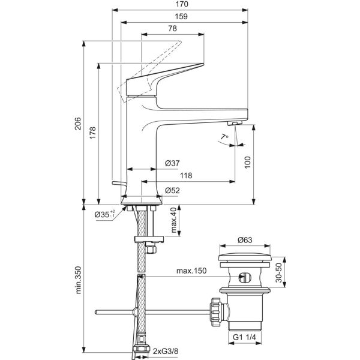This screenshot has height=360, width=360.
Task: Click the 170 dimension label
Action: (181, 4)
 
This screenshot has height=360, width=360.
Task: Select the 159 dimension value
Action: (181, 17)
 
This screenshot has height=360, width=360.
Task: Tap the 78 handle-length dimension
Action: (172, 28)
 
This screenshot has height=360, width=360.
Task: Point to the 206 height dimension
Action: (78, 124)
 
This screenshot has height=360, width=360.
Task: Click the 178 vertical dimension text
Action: (92, 133)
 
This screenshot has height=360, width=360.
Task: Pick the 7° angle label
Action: (224, 137)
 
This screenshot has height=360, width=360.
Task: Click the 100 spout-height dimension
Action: (247, 163)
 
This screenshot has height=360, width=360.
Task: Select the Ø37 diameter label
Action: (172, 163)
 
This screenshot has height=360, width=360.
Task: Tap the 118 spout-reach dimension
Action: (186, 176)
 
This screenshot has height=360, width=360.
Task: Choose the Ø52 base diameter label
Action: (172, 190)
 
